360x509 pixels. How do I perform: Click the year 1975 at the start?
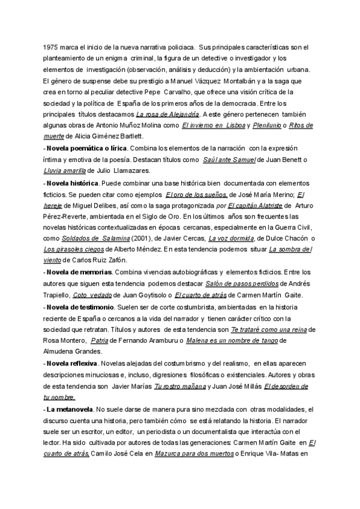(51, 46)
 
